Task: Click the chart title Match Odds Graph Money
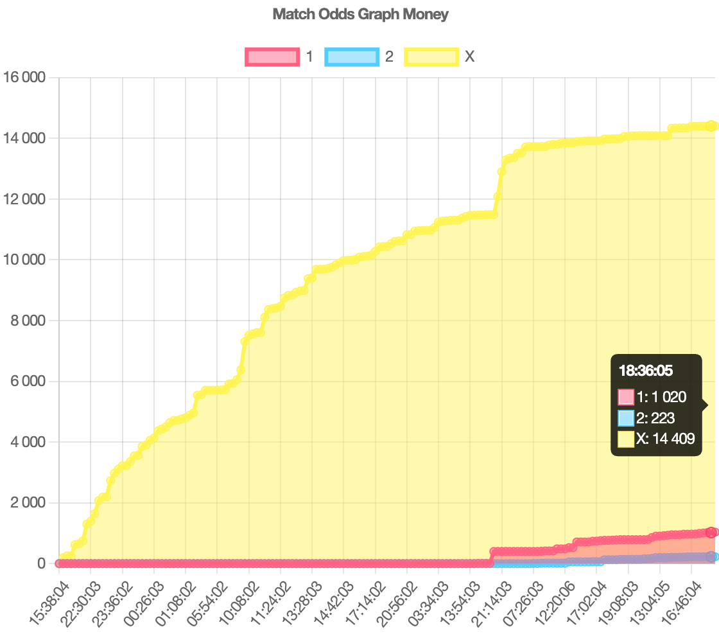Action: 360,14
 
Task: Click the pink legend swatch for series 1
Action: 272,57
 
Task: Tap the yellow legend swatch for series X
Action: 431,57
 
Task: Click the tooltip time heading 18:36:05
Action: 646,371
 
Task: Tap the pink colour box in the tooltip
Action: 626,397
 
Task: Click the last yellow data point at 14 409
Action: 711,126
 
